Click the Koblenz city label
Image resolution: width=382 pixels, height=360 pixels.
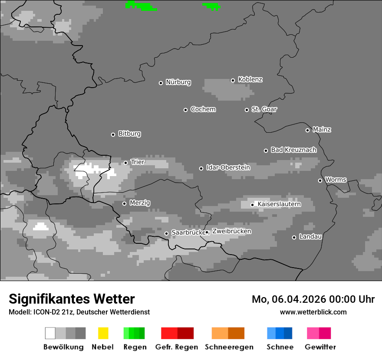coord(250,80)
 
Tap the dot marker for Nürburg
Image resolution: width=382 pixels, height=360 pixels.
coord(161,83)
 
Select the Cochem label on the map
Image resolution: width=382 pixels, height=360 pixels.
coord(203,109)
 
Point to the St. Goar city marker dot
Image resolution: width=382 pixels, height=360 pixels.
coord(247,110)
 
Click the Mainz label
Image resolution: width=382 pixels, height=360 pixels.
coord(322,130)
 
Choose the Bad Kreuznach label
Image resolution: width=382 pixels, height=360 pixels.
coord(293,150)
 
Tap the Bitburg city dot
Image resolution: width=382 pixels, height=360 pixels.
coord(113,134)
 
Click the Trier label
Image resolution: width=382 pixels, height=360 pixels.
coord(138,162)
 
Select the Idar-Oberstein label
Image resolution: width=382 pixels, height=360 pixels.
coord(228,168)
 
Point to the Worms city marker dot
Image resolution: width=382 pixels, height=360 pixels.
coord(320,180)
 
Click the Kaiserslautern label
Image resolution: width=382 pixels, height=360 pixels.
coord(279,204)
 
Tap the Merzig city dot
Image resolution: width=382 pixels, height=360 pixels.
coord(124,203)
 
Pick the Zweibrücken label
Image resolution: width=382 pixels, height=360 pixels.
coord(231,232)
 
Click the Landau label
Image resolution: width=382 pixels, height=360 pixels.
coord(310,237)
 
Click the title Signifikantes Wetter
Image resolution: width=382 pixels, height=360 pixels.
coord(72,299)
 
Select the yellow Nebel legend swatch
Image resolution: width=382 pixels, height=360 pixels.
coord(103,333)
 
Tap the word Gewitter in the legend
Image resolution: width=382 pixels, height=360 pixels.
coord(320,347)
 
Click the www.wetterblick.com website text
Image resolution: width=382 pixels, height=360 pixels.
coord(313,312)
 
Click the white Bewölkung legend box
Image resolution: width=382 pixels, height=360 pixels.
coord(50,333)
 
